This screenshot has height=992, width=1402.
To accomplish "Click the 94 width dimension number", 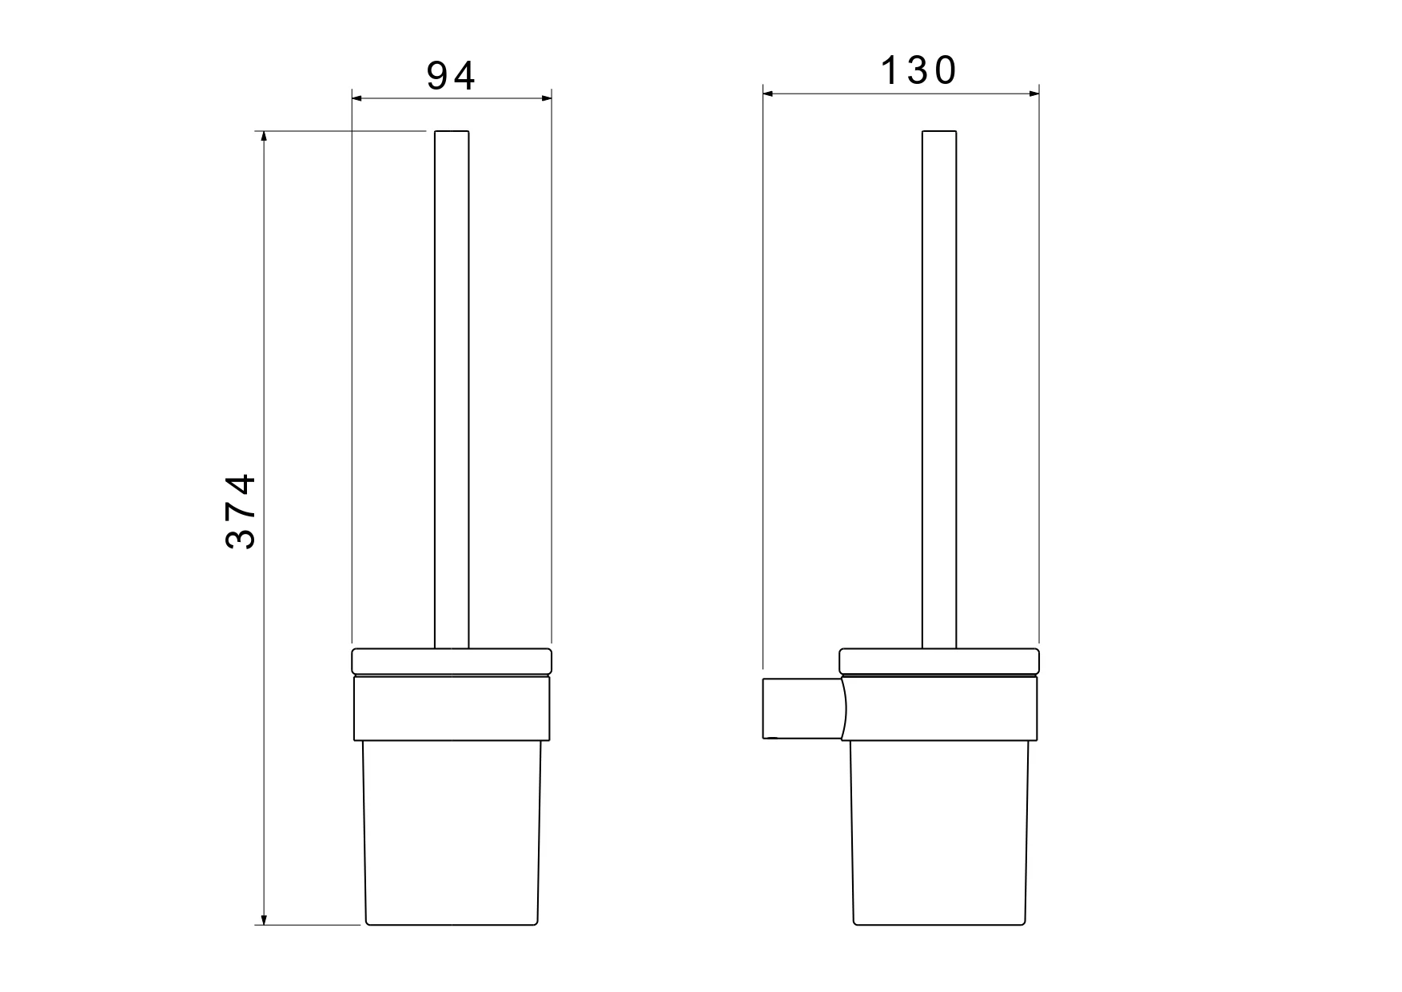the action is (x=451, y=76).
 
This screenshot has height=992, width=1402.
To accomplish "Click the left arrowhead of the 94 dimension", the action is (x=357, y=98).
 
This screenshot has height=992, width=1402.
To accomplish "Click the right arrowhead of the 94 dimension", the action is (x=547, y=98).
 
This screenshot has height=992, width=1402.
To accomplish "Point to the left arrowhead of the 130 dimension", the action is (x=768, y=94).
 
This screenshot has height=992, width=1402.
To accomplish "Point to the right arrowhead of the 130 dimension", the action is (x=1034, y=94).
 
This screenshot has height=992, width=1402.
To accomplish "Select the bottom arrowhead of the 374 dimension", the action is (x=265, y=919).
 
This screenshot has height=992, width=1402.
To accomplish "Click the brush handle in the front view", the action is (x=452, y=389).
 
